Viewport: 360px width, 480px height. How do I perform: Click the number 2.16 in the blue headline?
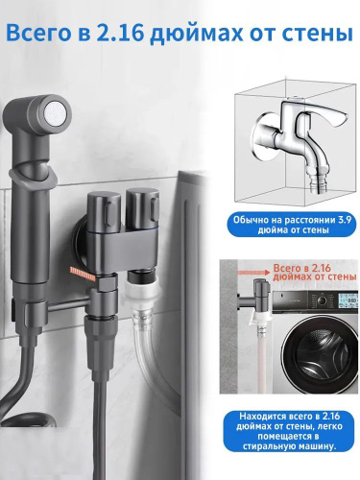point(119,33)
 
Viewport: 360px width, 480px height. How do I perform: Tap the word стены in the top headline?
point(320,35)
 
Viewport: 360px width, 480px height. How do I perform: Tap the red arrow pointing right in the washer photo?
point(253,272)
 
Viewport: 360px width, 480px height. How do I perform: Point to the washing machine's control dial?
point(322,300)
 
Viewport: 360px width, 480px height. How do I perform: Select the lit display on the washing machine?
point(348,300)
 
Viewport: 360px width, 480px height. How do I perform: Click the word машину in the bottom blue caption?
point(316,446)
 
